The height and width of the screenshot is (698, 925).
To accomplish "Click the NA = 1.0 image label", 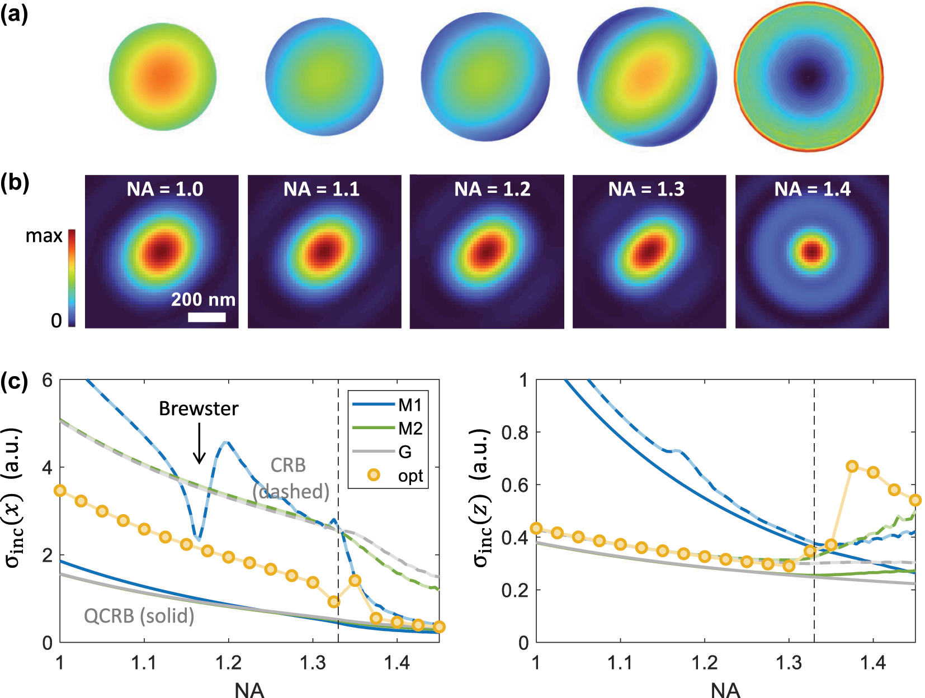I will [x=164, y=189].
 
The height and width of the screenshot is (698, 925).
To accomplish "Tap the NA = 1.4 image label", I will [x=812, y=189].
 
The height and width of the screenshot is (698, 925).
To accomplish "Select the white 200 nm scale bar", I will [x=206, y=317].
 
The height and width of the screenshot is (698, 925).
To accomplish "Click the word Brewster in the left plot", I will [x=199, y=409].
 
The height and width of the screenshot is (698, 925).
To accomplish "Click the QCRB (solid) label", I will [x=139, y=616].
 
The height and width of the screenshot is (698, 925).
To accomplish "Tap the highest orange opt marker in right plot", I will [x=852, y=466].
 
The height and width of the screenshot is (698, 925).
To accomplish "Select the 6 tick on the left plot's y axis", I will [x=48, y=381].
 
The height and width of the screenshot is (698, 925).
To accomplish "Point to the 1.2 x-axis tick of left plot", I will [x=228, y=663].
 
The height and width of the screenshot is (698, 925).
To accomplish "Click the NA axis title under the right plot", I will [x=725, y=690].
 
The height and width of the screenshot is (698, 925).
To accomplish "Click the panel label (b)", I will [x=15, y=183].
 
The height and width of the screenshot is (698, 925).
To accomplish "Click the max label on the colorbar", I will [x=44, y=236].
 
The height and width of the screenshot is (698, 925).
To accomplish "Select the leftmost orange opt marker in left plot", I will [x=60, y=491].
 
